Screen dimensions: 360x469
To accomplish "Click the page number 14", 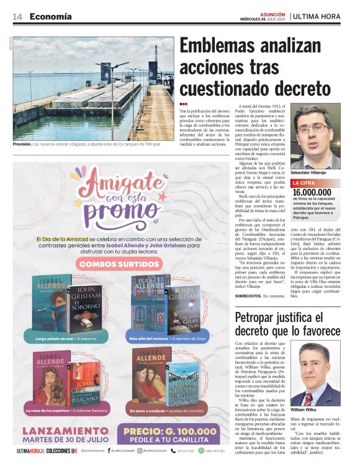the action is click(17, 17).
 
